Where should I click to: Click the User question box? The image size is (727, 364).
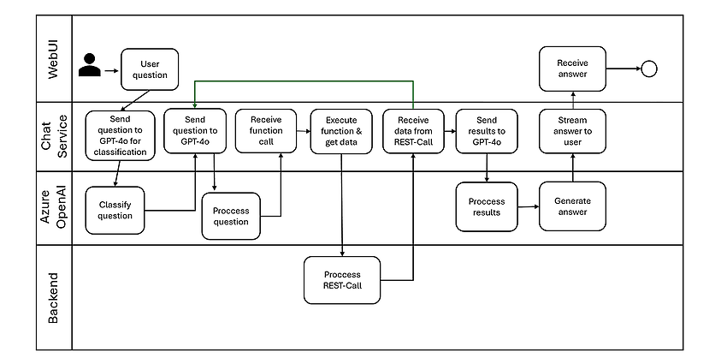coord(150,69)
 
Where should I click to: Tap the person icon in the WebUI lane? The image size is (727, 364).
coord(90,65)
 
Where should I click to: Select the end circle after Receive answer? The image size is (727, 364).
coord(649,69)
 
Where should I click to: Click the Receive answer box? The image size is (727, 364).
coord(572,69)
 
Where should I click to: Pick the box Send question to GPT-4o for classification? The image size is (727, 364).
coord(120,135)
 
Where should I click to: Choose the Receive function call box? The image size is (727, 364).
coord(266,131)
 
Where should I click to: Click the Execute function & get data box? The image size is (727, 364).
coord(341,131)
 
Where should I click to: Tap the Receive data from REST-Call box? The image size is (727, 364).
coord(413,131)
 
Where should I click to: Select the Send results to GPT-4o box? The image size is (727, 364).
coord(487,131)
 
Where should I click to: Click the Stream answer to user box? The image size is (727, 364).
coord(572,131)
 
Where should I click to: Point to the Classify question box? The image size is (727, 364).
coord(115,211)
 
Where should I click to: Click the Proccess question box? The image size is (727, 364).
coord(231,216)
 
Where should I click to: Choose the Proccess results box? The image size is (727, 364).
coord(487,206)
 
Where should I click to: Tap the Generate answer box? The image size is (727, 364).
coord(572,206)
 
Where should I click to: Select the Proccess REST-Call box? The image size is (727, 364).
coord(342,280)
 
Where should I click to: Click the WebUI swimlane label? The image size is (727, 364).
coord(54,59)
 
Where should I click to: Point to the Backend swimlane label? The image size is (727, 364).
coord(54,297)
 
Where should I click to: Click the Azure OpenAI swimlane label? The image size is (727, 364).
coord(54,208)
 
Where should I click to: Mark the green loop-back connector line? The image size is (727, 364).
coord(304,81)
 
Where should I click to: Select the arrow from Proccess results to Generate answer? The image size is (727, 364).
coord(529,206)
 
